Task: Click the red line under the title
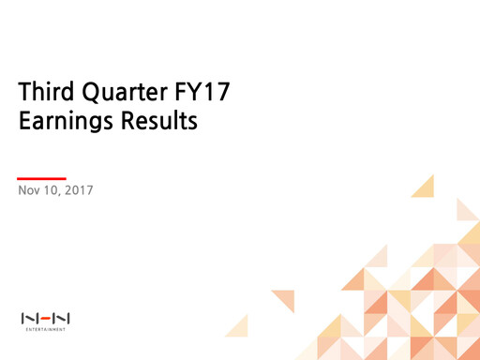[42, 177]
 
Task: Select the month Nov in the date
[29, 191]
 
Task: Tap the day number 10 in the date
[52, 191]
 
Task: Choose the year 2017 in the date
[79, 191]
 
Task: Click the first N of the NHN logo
[28, 319]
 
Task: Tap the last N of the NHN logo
[63, 319]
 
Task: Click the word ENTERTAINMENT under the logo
[45, 330]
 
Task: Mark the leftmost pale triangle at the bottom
[238, 327]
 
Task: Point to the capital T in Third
[24, 94]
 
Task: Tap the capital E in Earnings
[24, 121]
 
